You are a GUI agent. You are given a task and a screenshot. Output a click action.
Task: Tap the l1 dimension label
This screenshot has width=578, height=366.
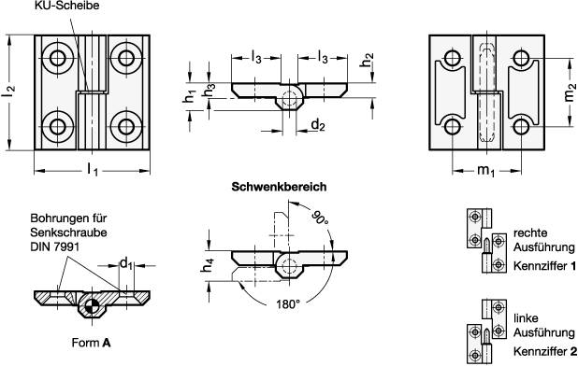[x=92, y=169]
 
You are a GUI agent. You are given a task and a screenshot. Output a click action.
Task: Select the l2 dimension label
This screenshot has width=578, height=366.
[x=8, y=92]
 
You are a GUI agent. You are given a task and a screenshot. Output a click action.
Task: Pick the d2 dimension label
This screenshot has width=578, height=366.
[x=318, y=124]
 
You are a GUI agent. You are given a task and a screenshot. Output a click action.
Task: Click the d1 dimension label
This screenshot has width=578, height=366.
[x=125, y=263]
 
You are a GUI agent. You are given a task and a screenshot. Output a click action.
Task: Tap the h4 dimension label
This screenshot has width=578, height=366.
[x=208, y=267]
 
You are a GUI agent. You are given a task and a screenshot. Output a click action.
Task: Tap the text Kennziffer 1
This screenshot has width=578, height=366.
[x=544, y=266]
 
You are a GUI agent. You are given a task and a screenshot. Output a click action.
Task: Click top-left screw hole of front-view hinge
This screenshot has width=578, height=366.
[x=60, y=59]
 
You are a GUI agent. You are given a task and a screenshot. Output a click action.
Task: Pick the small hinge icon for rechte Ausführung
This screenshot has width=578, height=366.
[x=484, y=241]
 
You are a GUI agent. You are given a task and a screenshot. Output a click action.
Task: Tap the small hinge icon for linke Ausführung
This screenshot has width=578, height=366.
[x=484, y=332]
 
